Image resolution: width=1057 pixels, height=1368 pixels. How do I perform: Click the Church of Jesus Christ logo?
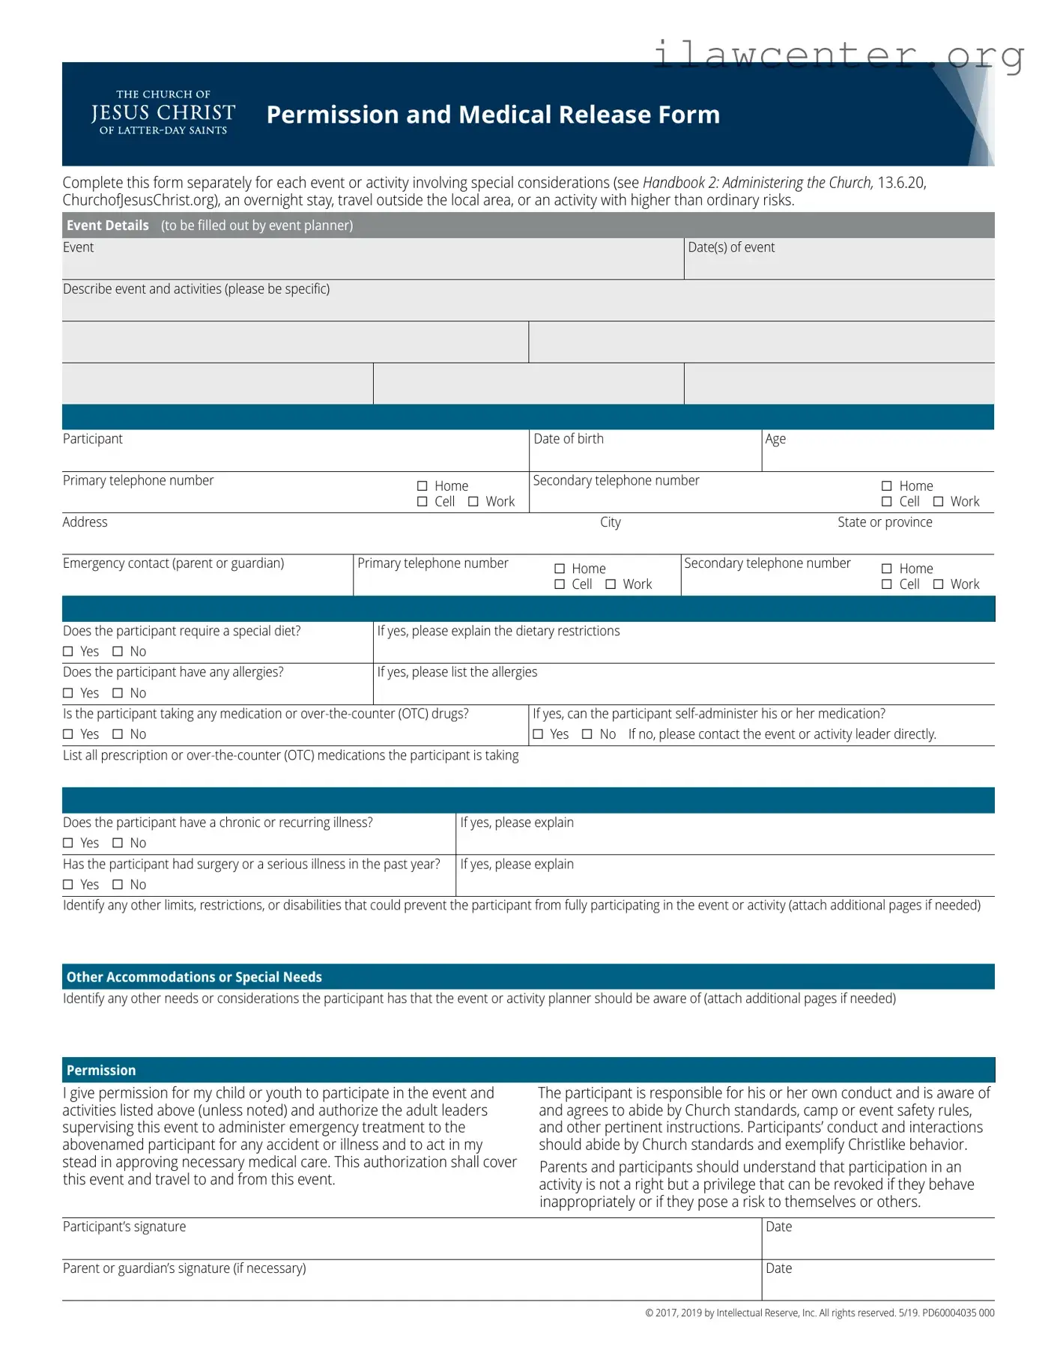click(163, 113)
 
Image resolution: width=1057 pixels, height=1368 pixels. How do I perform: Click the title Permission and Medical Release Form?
click(493, 115)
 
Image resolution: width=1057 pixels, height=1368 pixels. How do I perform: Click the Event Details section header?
click(108, 226)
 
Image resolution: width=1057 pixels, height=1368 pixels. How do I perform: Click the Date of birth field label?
click(568, 439)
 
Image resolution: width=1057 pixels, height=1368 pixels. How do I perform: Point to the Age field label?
click(775, 439)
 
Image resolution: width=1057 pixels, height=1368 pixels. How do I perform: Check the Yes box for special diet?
click(68, 652)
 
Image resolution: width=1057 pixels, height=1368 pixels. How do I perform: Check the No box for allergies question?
click(118, 693)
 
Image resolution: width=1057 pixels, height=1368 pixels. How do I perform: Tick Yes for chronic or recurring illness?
click(68, 843)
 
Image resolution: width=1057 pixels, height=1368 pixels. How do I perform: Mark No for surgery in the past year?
click(118, 885)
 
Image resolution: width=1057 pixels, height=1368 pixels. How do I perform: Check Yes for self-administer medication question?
click(538, 734)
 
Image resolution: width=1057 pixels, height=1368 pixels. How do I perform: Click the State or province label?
click(885, 522)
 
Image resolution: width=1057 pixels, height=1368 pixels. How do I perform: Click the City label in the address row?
click(610, 522)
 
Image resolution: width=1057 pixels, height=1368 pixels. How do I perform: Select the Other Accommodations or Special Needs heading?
click(194, 977)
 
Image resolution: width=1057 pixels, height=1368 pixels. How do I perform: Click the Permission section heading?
click(101, 1071)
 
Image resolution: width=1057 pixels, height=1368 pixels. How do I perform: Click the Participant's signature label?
click(124, 1227)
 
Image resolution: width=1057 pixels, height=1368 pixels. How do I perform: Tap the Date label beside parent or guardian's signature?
click(778, 1268)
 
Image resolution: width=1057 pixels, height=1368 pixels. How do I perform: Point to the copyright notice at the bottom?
click(820, 1313)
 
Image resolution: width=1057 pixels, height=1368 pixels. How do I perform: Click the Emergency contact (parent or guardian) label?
click(174, 563)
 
